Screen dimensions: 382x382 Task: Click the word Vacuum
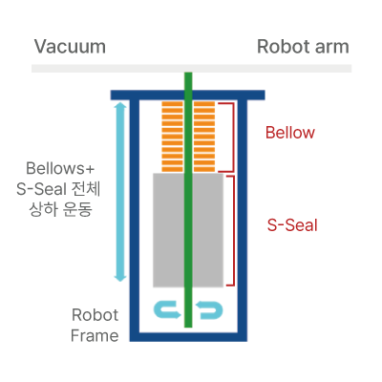tap(70, 47)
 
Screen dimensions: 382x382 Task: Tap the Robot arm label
tap(303, 47)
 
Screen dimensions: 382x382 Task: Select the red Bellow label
tap(290, 133)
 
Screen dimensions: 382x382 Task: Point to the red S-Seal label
tap(292, 225)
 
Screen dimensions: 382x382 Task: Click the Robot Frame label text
tap(95, 326)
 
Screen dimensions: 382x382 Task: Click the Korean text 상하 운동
tap(60, 209)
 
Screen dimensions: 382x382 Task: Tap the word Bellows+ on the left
tap(60, 168)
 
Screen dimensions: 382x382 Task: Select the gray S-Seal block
tap(188, 230)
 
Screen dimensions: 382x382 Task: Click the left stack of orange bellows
tap(172, 137)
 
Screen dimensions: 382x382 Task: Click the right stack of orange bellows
tap(204, 137)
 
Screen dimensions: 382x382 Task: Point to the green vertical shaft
tap(188, 200)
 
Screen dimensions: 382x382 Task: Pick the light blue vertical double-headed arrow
tap(120, 192)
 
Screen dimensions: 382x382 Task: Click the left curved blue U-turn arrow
tap(166, 310)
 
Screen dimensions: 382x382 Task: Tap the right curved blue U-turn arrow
tap(210, 310)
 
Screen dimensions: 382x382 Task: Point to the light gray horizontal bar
tap(191, 69)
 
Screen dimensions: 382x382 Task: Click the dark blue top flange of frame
tap(188, 95)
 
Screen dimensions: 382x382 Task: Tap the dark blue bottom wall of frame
tap(188, 337)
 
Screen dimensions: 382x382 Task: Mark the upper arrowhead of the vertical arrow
tap(120, 106)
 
